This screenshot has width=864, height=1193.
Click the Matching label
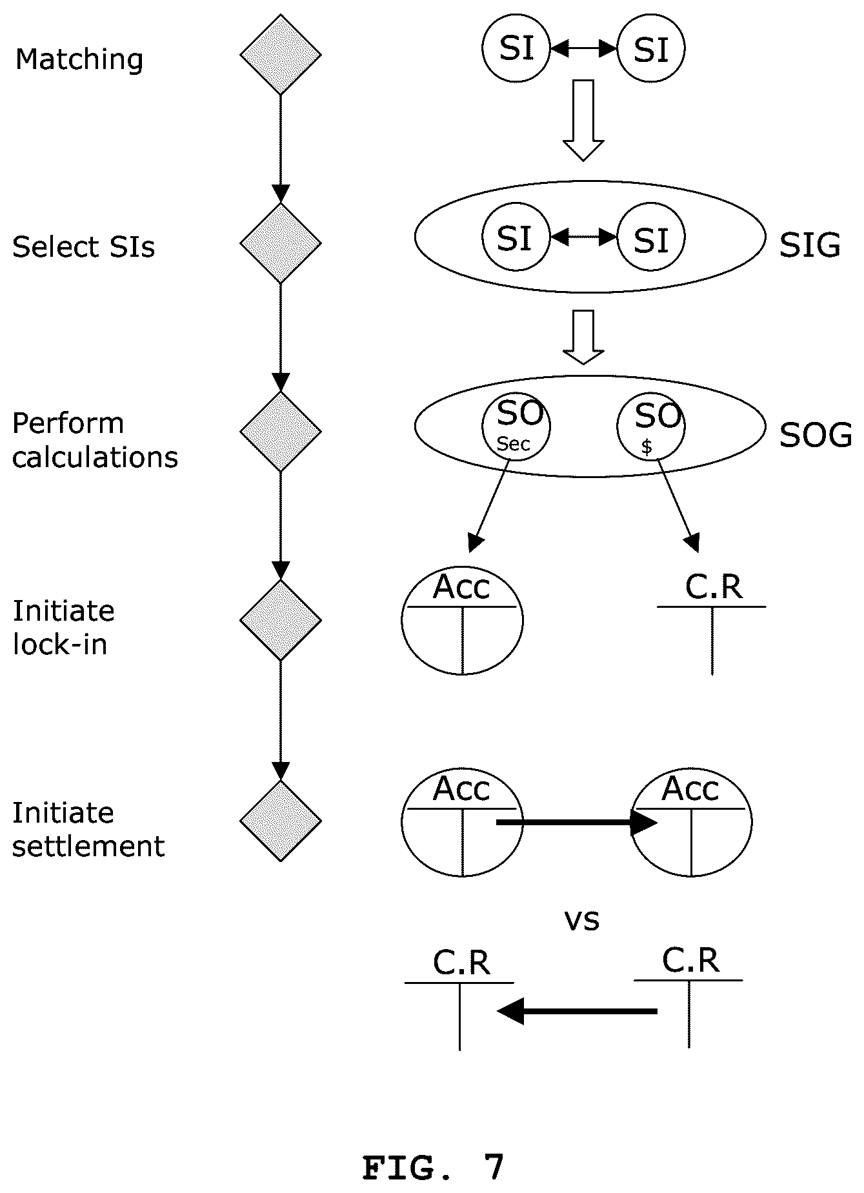tap(79, 59)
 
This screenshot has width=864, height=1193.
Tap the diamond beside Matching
tap(281, 55)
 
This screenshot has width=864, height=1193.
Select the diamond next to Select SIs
tap(281, 243)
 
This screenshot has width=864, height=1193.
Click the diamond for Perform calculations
tap(281, 432)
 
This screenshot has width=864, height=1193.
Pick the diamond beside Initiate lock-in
tap(281, 620)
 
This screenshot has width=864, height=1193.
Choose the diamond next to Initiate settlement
tap(281, 821)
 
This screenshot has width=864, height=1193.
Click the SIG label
tap(810, 246)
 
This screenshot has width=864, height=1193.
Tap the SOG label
tap(815, 436)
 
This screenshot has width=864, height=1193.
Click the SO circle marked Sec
tap(516, 426)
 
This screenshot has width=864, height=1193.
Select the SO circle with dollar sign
tap(651, 426)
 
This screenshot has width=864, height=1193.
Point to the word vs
tap(582, 920)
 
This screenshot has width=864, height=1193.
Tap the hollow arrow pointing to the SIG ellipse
tap(583, 120)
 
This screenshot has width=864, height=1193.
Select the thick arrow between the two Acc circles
tap(577, 823)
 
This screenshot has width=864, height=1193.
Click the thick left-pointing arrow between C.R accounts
tap(578, 1011)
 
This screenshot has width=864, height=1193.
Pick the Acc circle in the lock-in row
tap(462, 621)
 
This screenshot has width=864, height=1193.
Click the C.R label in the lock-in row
tap(714, 586)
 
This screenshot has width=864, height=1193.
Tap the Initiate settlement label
tap(88, 829)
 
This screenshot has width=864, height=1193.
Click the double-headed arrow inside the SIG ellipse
tap(583, 237)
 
